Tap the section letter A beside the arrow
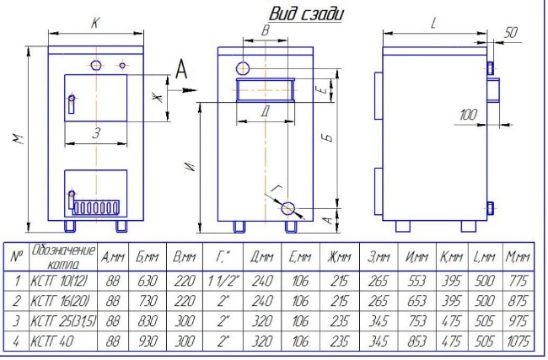tap(181, 70)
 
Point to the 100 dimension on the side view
tap(470, 114)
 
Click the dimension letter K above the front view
tap(94, 25)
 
